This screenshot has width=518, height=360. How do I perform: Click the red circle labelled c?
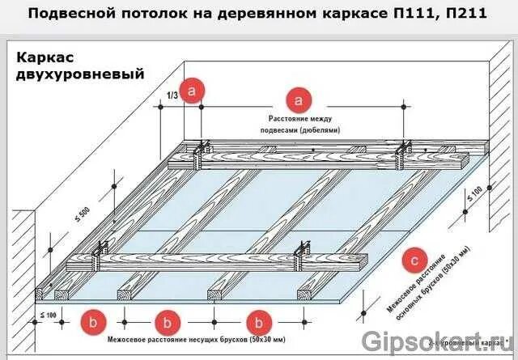pos(414,260)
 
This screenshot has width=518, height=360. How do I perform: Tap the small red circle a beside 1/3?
pos(192,91)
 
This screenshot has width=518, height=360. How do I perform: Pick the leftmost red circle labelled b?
pos(92,321)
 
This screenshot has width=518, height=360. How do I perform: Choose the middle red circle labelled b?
pos(168,321)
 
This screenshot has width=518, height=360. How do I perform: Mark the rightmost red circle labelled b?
pos(260,321)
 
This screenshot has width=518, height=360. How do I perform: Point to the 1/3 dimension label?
pos(172,95)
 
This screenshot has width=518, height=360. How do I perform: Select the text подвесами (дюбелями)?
pos(299,130)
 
